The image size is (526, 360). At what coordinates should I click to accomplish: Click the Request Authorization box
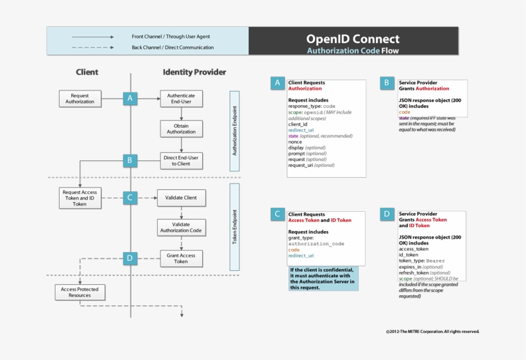(x=80, y=98)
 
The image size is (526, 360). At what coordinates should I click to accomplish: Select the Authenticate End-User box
(x=181, y=98)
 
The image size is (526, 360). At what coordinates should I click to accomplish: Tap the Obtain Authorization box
(x=181, y=128)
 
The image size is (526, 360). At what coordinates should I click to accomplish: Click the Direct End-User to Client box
(x=181, y=160)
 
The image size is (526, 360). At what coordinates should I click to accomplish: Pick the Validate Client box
(x=181, y=198)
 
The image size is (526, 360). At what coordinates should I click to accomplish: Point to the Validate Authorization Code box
(x=181, y=227)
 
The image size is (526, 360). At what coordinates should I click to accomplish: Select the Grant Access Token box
(x=181, y=258)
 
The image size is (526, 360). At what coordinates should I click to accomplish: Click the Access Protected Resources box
(x=80, y=293)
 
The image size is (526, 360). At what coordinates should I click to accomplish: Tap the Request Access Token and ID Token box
(x=80, y=198)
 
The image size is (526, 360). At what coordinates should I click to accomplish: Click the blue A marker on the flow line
(x=130, y=98)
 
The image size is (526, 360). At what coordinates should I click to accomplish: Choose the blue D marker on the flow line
(x=130, y=258)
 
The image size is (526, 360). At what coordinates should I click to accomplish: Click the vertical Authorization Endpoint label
(x=234, y=131)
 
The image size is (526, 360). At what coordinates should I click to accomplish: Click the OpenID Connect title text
(x=352, y=39)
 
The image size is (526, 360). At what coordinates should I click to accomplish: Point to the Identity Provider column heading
(x=194, y=73)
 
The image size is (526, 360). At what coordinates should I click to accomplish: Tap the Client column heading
(x=87, y=73)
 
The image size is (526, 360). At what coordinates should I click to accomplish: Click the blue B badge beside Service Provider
(x=387, y=83)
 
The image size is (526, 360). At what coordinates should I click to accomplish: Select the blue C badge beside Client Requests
(x=277, y=214)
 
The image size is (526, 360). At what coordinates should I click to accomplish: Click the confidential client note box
(x=323, y=279)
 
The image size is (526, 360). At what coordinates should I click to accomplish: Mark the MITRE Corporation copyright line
(x=432, y=332)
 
